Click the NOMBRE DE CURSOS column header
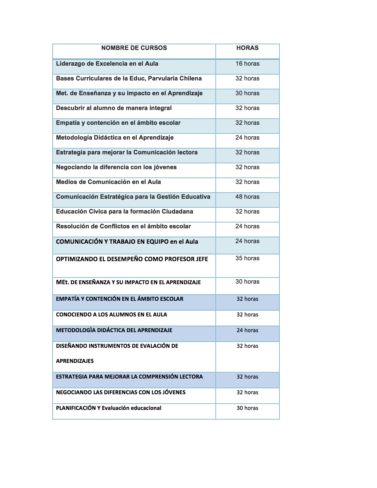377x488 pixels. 134,48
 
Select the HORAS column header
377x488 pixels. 247,48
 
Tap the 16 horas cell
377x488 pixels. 247,64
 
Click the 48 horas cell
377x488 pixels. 247,197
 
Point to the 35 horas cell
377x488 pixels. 247,258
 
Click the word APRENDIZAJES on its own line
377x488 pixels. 75,361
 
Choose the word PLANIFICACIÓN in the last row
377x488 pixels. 76,408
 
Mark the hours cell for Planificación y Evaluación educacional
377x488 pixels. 247,408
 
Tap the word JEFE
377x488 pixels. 202,259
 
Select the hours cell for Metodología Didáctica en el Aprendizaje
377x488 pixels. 247,138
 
